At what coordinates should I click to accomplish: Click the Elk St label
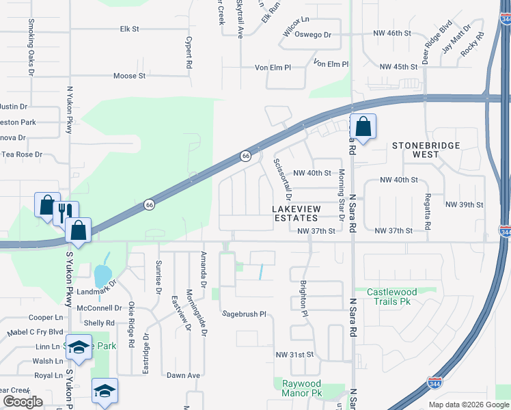[x=129, y=29]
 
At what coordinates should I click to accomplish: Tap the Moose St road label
[x=129, y=76]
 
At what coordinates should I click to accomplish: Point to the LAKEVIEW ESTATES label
[x=295, y=213]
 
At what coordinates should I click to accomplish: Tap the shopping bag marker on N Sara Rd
[x=363, y=126]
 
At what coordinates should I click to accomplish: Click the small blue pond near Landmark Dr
[x=102, y=275]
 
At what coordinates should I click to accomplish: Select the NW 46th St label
[x=392, y=33]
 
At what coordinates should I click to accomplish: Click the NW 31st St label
[x=294, y=355]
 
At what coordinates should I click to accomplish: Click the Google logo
[x=23, y=402]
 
